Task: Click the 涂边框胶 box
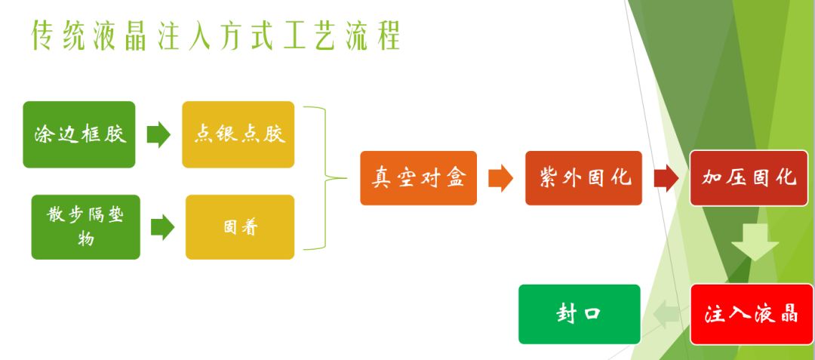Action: click(79, 134)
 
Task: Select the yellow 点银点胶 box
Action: click(238, 134)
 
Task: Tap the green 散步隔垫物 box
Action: click(86, 227)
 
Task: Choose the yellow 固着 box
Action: click(240, 227)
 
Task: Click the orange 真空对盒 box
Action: click(418, 178)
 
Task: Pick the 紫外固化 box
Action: click(583, 178)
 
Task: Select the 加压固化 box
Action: click(749, 178)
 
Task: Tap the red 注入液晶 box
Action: click(752, 314)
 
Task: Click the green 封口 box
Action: click(580, 314)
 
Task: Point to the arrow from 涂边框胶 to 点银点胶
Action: click(158, 135)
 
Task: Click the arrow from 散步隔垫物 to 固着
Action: click(163, 227)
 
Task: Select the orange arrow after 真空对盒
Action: click(500, 178)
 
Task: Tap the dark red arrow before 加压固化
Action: click(666, 178)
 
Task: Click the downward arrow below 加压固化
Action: click(755, 242)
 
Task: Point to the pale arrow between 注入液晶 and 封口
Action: click(666, 314)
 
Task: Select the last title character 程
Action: click(389, 35)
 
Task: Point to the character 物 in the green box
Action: click(86, 239)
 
